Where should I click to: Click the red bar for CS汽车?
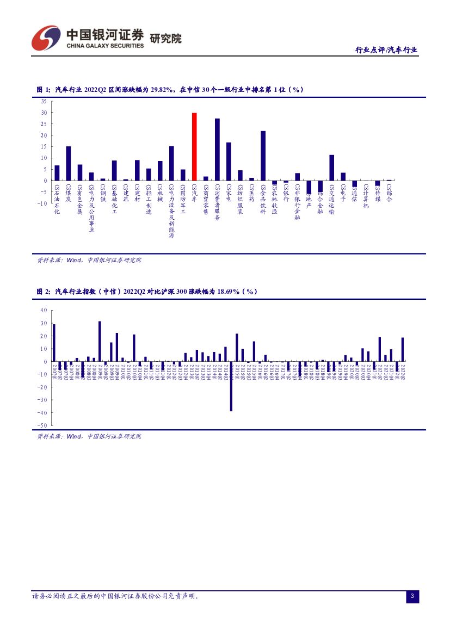[194, 146]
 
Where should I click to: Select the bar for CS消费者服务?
[217, 149]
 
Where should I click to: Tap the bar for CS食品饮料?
[263, 156]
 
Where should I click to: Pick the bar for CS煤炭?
[69, 163]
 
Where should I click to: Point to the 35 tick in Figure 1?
[44, 102]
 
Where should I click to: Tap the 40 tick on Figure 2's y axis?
[44, 310]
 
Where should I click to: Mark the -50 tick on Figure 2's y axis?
[42, 425]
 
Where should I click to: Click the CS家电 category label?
[229, 193]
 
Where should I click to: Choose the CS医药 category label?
[251, 193]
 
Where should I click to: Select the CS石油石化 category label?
[57, 199]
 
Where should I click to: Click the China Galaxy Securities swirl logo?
[46, 38]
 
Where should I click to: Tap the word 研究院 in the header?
[165, 39]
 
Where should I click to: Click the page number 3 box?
[412, 597]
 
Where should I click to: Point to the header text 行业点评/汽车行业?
[386, 50]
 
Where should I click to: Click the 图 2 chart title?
[147, 292]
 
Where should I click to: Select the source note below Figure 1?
[89, 260]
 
